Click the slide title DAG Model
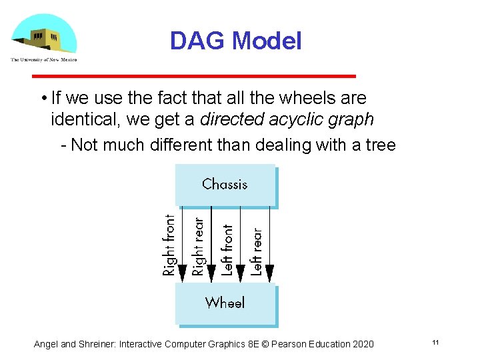pos(235,41)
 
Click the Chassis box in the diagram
pos(225,185)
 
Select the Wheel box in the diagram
pos(225,303)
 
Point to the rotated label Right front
pos(169,245)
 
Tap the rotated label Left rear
pos(257,252)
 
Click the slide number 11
pos(435,343)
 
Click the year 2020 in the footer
pos(362,344)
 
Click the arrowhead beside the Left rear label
pos(269,272)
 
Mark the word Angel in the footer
pos(46,344)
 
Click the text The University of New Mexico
pos(43,59)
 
